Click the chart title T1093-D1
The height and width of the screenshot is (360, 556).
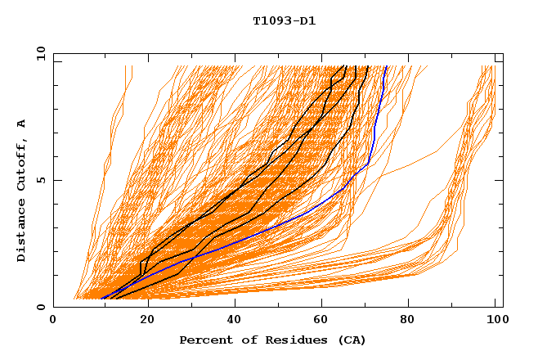click(x=284, y=20)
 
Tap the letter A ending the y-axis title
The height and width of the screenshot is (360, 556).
click(x=22, y=124)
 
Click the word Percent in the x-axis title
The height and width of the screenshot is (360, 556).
click(x=204, y=340)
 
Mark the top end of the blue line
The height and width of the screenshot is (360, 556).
click(x=387, y=66)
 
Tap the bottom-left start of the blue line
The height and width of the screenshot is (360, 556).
click(x=101, y=299)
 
